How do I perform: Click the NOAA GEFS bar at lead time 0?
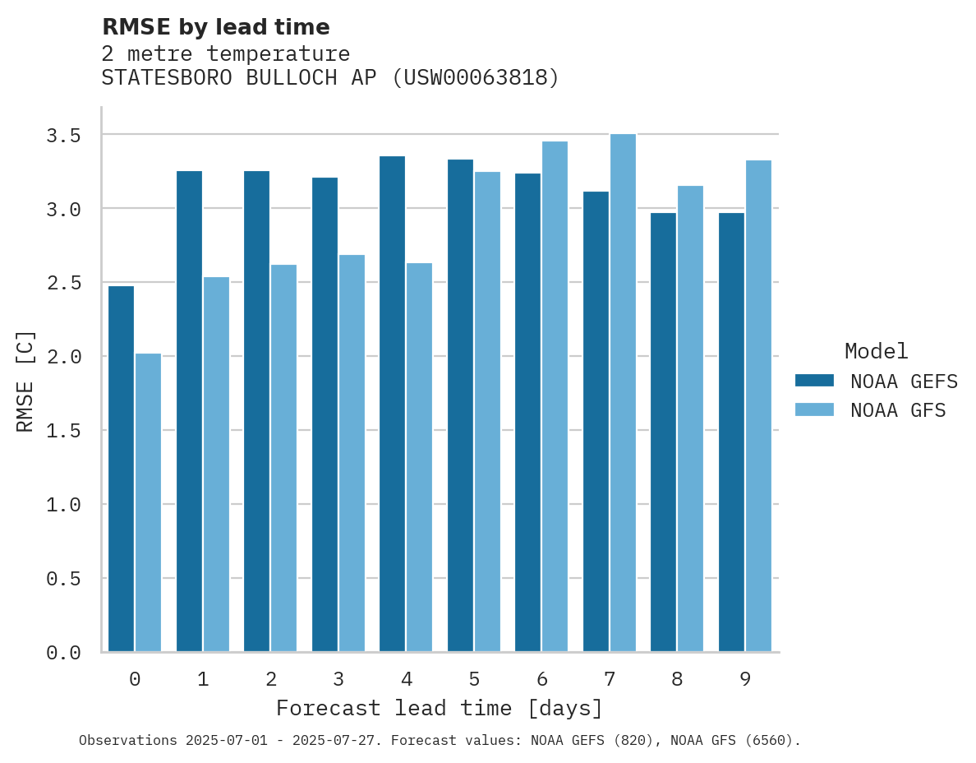pyautogui.click(x=121, y=469)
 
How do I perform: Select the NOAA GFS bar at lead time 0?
pyautogui.click(x=148, y=502)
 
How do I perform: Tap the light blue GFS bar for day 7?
pyautogui.click(x=623, y=392)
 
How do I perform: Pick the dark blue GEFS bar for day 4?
pyautogui.click(x=392, y=404)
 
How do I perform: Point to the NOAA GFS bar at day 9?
pyautogui.click(x=758, y=406)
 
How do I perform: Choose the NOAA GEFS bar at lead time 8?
pyautogui.click(x=663, y=432)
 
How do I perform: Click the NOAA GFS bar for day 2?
pyautogui.click(x=283, y=458)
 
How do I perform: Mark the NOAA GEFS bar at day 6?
pyautogui.click(x=527, y=413)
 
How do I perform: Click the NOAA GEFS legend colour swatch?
pyautogui.click(x=814, y=381)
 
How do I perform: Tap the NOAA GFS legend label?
pyautogui.click(x=898, y=410)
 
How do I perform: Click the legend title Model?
pyautogui.click(x=876, y=352)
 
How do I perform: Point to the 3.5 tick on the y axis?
pyautogui.click(x=63, y=135)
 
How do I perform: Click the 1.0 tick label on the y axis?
pyautogui.click(x=63, y=505)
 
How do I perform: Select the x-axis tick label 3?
pyautogui.click(x=338, y=679)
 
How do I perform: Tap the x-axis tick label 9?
pyautogui.click(x=745, y=679)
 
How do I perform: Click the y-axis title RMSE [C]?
pyautogui.click(x=25, y=381)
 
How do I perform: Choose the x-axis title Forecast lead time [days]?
pyautogui.click(x=440, y=708)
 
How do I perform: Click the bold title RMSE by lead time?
pyautogui.click(x=215, y=27)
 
